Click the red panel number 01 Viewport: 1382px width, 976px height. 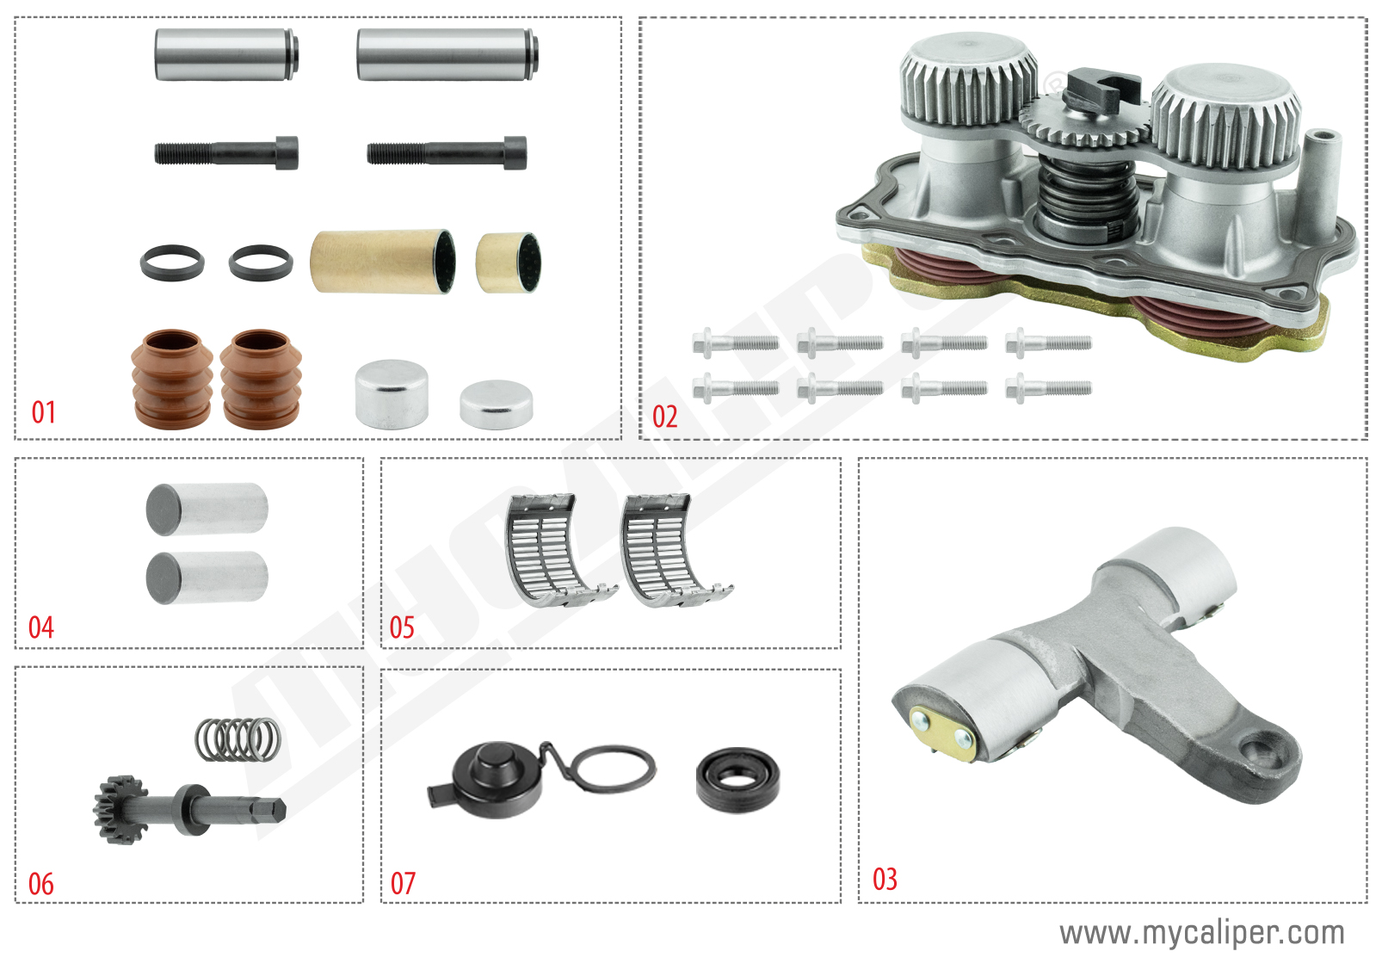click(x=44, y=412)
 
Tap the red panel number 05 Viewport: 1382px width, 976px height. click(x=402, y=627)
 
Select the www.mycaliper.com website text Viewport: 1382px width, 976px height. click(x=1201, y=933)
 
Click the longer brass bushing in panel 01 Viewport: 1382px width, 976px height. click(x=382, y=262)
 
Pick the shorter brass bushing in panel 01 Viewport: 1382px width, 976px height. click(x=508, y=262)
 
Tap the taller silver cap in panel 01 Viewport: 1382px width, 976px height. click(x=392, y=394)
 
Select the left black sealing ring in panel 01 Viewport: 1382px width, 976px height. click(x=172, y=263)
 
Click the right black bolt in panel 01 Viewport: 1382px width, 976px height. click(x=447, y=153)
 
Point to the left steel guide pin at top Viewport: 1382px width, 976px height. click(x=225, y=54)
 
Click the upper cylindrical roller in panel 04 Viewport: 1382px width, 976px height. click(x=207, y=509)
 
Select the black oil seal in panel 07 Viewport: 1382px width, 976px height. click(x=738, y=780)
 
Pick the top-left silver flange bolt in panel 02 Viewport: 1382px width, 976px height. click(x=736, y=343)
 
